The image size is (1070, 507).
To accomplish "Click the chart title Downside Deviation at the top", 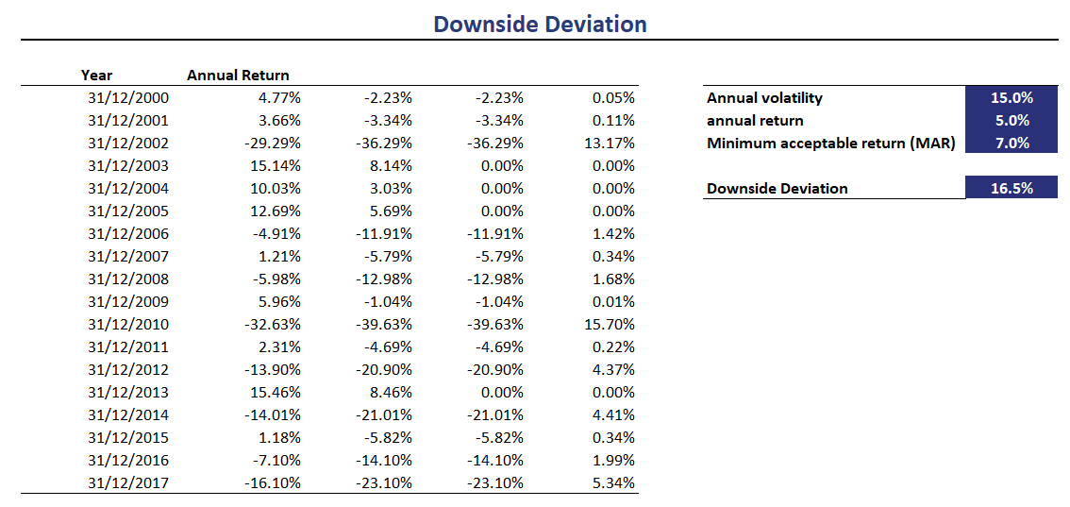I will click(x=540, y=24).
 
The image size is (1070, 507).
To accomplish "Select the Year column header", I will click(x=96, y=75).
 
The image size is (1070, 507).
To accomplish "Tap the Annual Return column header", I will click(x=238, y=75).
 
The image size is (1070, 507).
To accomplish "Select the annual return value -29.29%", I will click(x=271, y=143).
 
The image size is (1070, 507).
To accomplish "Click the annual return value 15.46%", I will click(x=275, y=392).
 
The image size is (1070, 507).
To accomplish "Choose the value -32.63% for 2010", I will click(x=271, y=324).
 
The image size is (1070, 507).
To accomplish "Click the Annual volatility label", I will click(x=764, y=97).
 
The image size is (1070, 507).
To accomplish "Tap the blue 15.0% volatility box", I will click(x=1011, y=97).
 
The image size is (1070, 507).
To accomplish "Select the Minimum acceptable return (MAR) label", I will click(x=830, y=143).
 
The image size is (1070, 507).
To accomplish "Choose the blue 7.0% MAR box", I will click(x=1011, y=143).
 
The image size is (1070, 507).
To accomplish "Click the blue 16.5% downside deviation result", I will click(x=1011, y=188).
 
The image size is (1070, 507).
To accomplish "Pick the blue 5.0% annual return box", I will click(x=1011, y=120).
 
